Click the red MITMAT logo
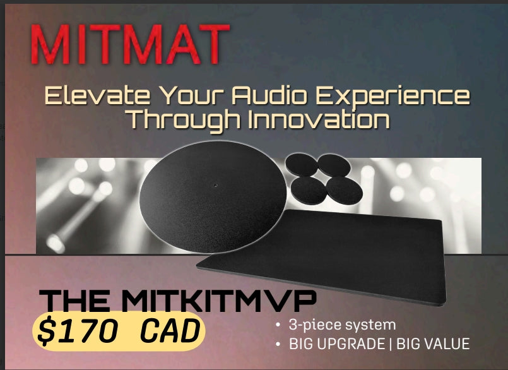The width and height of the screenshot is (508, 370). click(130, 44)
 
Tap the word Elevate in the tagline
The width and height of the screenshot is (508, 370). click(97, 95)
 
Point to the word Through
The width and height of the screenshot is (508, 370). click(184, 121)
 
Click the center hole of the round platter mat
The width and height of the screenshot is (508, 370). click(215, 186)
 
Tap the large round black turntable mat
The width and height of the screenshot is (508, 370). click(213, 196)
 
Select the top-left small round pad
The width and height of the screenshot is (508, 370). click(301, 164)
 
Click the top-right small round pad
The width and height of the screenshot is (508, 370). click(334, 165)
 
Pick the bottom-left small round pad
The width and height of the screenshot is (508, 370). click(309, 191)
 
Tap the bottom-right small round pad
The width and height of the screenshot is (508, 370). click(345, 191)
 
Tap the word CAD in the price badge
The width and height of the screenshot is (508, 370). click(170, 331)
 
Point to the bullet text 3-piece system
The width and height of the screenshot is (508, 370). click(342, 325)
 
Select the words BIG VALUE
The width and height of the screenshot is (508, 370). click(433, 344)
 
